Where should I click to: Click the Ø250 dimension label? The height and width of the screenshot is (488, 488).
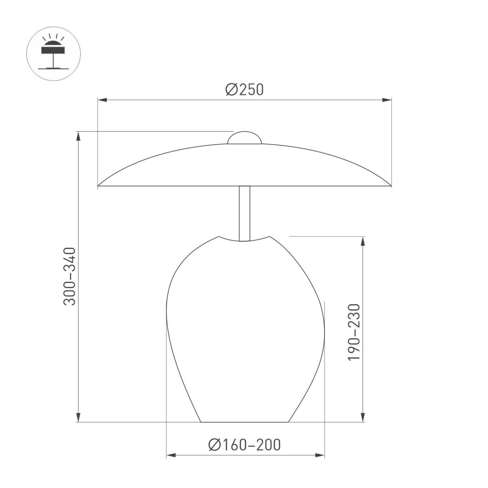(x=244, y=89)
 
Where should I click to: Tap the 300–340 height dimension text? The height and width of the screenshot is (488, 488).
(x=70, y=276)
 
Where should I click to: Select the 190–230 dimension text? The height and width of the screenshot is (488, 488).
(x=354, y=332)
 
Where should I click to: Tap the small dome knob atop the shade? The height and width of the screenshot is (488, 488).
(x=244, y=137)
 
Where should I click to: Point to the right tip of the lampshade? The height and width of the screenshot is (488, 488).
(x=391, y=186)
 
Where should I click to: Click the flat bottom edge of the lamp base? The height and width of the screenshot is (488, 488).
(x=245, y=422)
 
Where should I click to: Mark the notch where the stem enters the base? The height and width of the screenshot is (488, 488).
(x=244, y=241)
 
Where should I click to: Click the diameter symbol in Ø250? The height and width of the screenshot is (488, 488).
(x=231, y=89)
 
